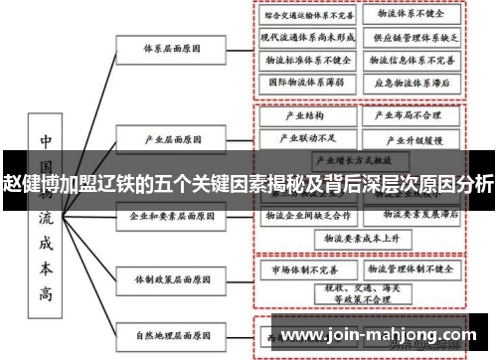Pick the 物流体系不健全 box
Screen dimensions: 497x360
pyautogui.click(x=411, y=16)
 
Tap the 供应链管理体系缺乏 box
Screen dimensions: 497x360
pyautogui.click(x=411, y=39)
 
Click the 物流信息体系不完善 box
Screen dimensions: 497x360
pyautogui.click(x=411, y=60)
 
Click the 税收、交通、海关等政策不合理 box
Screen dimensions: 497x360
pyautogui.click(x=355, y=293)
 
